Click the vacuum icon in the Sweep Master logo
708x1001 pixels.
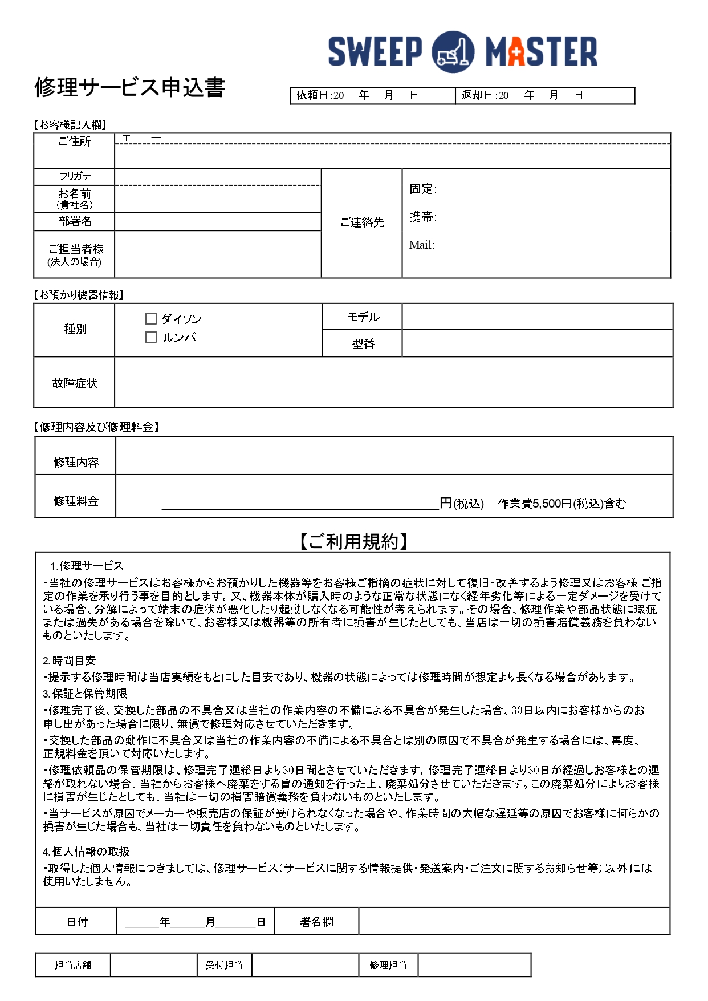[x=453, y=52]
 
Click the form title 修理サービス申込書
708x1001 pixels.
[x=130, y=87]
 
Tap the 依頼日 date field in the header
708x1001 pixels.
[x=372, y=96]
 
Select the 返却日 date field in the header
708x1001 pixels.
[x=544, y=96]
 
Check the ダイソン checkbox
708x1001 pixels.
[x=151, y=319]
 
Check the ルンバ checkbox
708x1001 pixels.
[x=151, y=337]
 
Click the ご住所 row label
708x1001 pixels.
[x=75, y=141]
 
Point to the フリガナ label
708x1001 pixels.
[x=75, y=176]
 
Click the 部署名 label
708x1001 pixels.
[x=75, y=221]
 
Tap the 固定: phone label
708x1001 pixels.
[x=423, y=189]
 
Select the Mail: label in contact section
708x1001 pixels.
[x=422, y=245]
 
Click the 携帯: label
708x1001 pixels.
[x=423, y=217]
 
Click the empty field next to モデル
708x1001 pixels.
[x=537, y=317]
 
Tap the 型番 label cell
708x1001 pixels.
[x=363, y=343]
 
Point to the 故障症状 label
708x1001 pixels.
[x=75, y=383]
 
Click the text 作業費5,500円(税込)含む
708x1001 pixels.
[x=561, y=504]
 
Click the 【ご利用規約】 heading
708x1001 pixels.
[x=353, y=541]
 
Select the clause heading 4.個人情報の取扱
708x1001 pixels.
[x=87, y=852]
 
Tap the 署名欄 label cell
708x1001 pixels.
[x=316, y=922]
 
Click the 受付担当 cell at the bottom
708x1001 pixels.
[x=224, y=965]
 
